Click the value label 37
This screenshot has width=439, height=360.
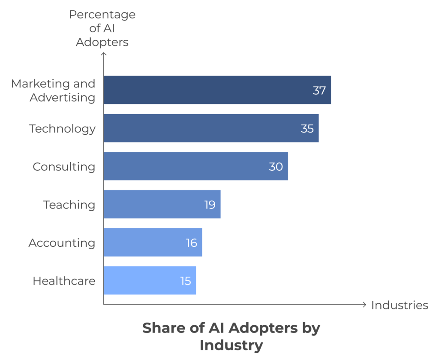point(319,91)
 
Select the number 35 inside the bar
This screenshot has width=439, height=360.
point(307,128)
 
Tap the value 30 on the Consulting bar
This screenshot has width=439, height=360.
point(276,166)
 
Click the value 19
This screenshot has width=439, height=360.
point(210,205)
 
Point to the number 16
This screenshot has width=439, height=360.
point(191,243)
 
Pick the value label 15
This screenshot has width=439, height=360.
point(185,281)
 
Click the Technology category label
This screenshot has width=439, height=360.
point(62,128)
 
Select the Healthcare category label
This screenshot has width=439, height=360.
point(64,281)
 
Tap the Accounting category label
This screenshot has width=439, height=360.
point(62,243)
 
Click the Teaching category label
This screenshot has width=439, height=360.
point(69,205)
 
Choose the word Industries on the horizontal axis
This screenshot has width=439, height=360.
point(400,305)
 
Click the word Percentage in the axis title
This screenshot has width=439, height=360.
point(102,15)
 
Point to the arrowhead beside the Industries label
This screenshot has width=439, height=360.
point(364,305)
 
